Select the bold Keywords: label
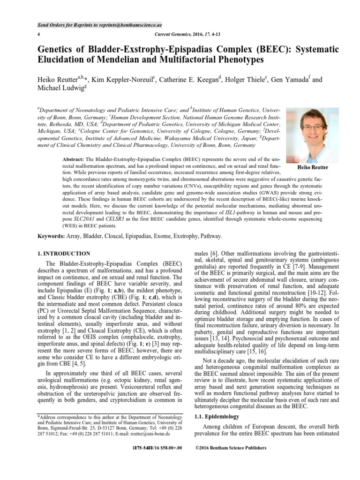(x=52, y=237)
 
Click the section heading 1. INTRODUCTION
(x=64, y=253)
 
